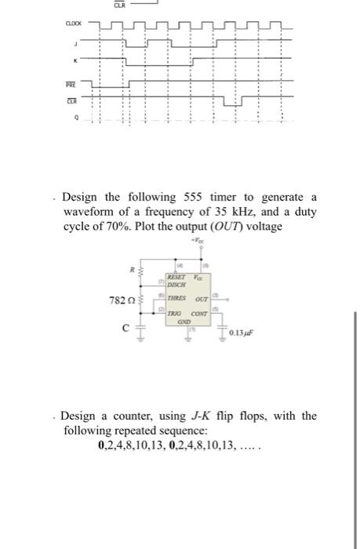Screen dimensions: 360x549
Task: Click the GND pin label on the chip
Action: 183,322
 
